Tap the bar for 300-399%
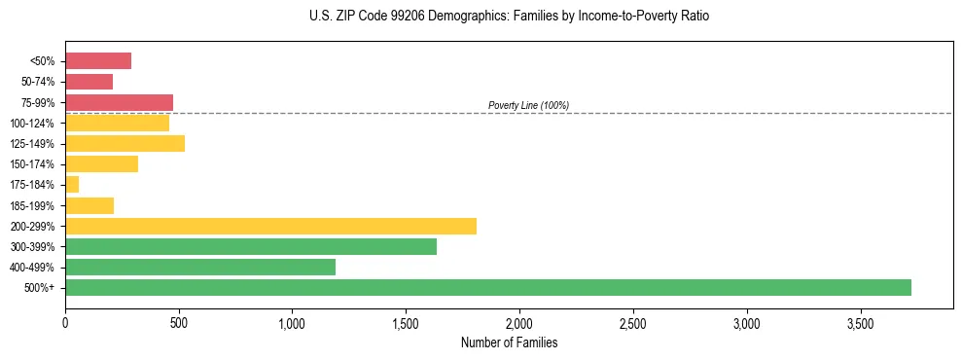[x=251, y=246]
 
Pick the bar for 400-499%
[x=200, y=267]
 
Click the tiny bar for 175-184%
[x=72, y=185]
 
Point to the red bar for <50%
[x=98, y=61]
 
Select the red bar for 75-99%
[x=119, y=102]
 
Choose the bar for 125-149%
[x=125, y=144]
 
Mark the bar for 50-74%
[x=89, y=82]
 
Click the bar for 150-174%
[x=101, y=164]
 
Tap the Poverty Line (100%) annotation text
[x=528, y=105]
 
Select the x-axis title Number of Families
[x=508, y=342]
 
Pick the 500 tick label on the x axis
[x=179, y=323]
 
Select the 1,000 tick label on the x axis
[x=292, y=323]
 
